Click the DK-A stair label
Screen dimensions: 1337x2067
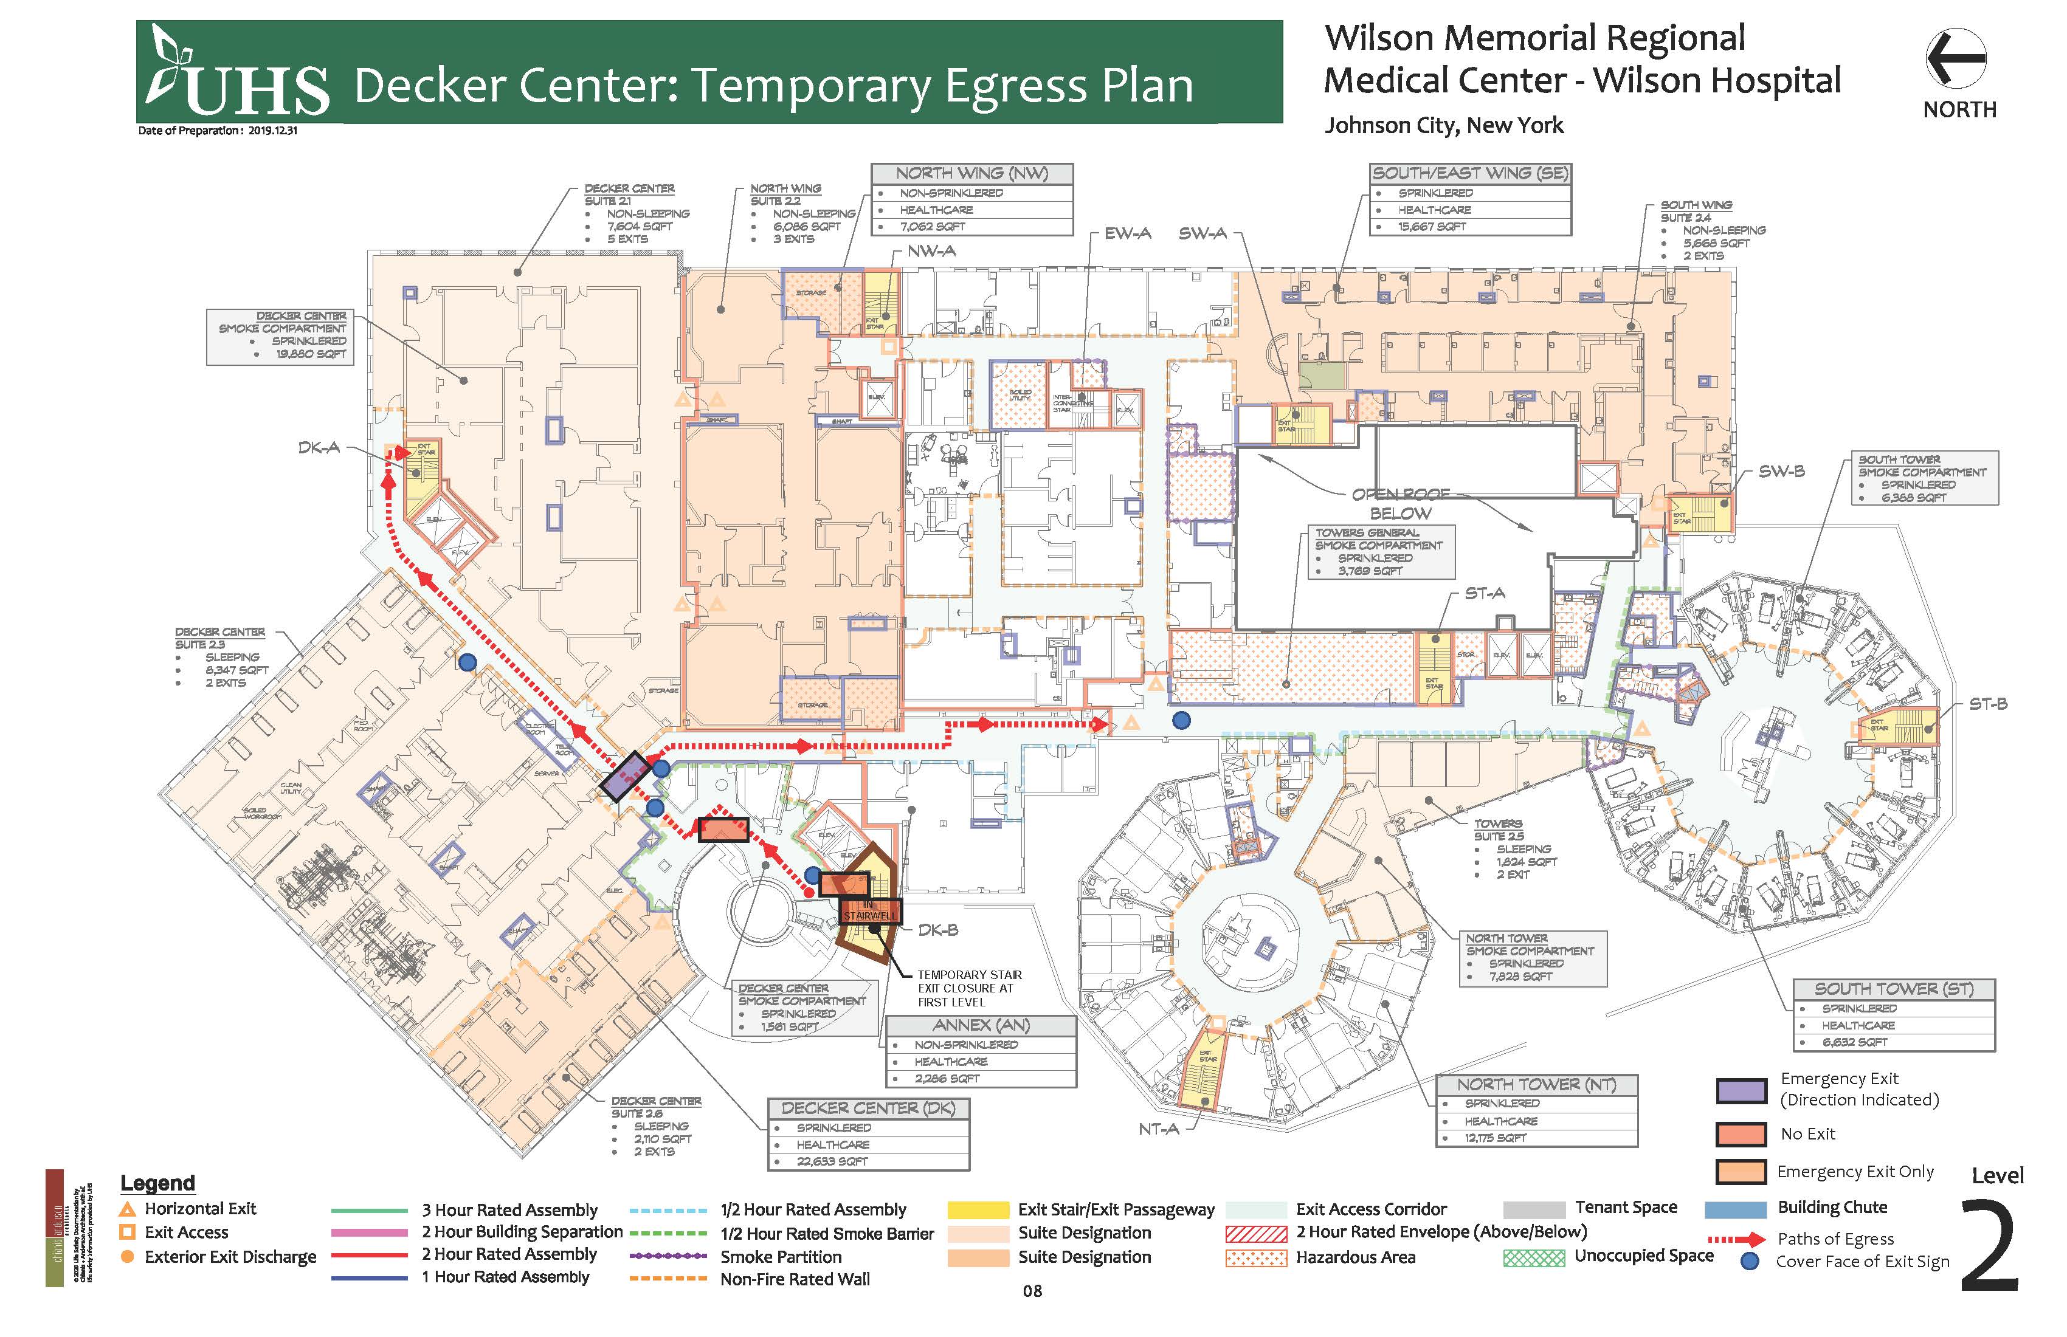click(x=318, y=448)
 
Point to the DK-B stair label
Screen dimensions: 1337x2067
click(x=938, y=930)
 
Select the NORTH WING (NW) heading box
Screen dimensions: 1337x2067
click(x=972, y=174)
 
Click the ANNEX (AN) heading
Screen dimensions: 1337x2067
click(x=981, y=1025)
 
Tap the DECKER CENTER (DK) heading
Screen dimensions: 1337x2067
click(x=868, y=1108)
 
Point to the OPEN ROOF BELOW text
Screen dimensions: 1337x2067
click(x=1400, y=504)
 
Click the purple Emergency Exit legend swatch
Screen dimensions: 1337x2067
click(x=1741, y=1090)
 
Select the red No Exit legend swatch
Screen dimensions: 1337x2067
click(x=1741, y=1134)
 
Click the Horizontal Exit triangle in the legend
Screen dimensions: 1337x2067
click(x=128, y=1209)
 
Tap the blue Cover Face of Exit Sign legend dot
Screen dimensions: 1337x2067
click(x=1751, y=1262)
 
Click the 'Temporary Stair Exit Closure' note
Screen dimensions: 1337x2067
click(x=969, y=988)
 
